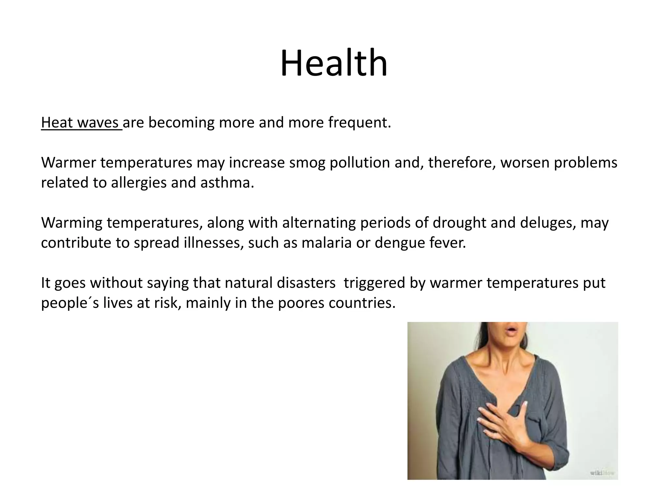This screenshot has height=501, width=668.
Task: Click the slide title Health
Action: (x=334, y=63)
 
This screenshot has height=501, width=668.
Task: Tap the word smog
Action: (x=307, y=163)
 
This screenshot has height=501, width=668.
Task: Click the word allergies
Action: (x=139, y=183)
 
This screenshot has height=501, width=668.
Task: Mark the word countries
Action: (x=362, y=303)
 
